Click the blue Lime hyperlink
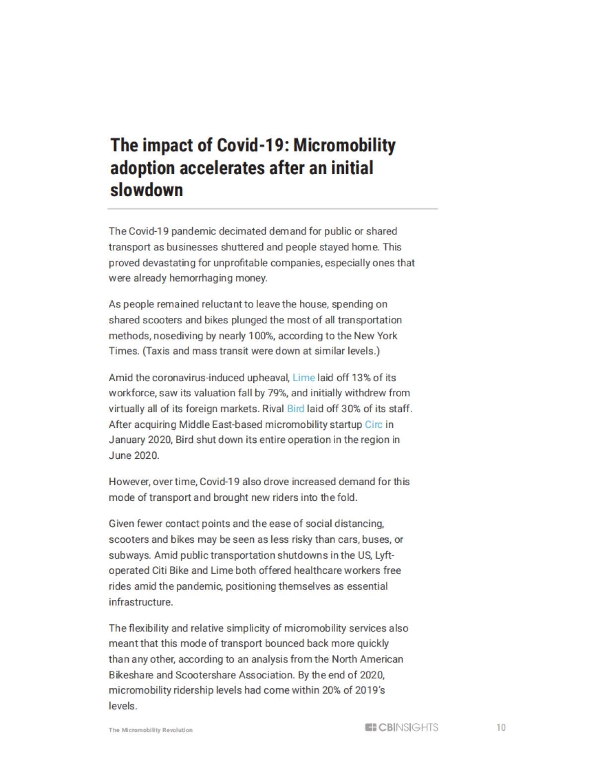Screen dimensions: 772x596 (303, 378)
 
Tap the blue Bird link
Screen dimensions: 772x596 (296, 409)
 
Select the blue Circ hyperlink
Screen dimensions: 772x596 (373, 424)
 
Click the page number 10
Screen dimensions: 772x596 (501, 727)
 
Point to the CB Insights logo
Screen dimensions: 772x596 (401, 727)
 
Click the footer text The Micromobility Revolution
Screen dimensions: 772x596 (150, 730)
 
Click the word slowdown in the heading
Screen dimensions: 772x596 (147, 190)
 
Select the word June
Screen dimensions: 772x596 (119, 456)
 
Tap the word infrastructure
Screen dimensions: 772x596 (141, 602)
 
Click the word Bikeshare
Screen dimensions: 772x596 (130, 675)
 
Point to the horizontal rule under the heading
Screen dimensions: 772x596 (273, 209)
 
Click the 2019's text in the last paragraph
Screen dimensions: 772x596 (370, 690)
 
